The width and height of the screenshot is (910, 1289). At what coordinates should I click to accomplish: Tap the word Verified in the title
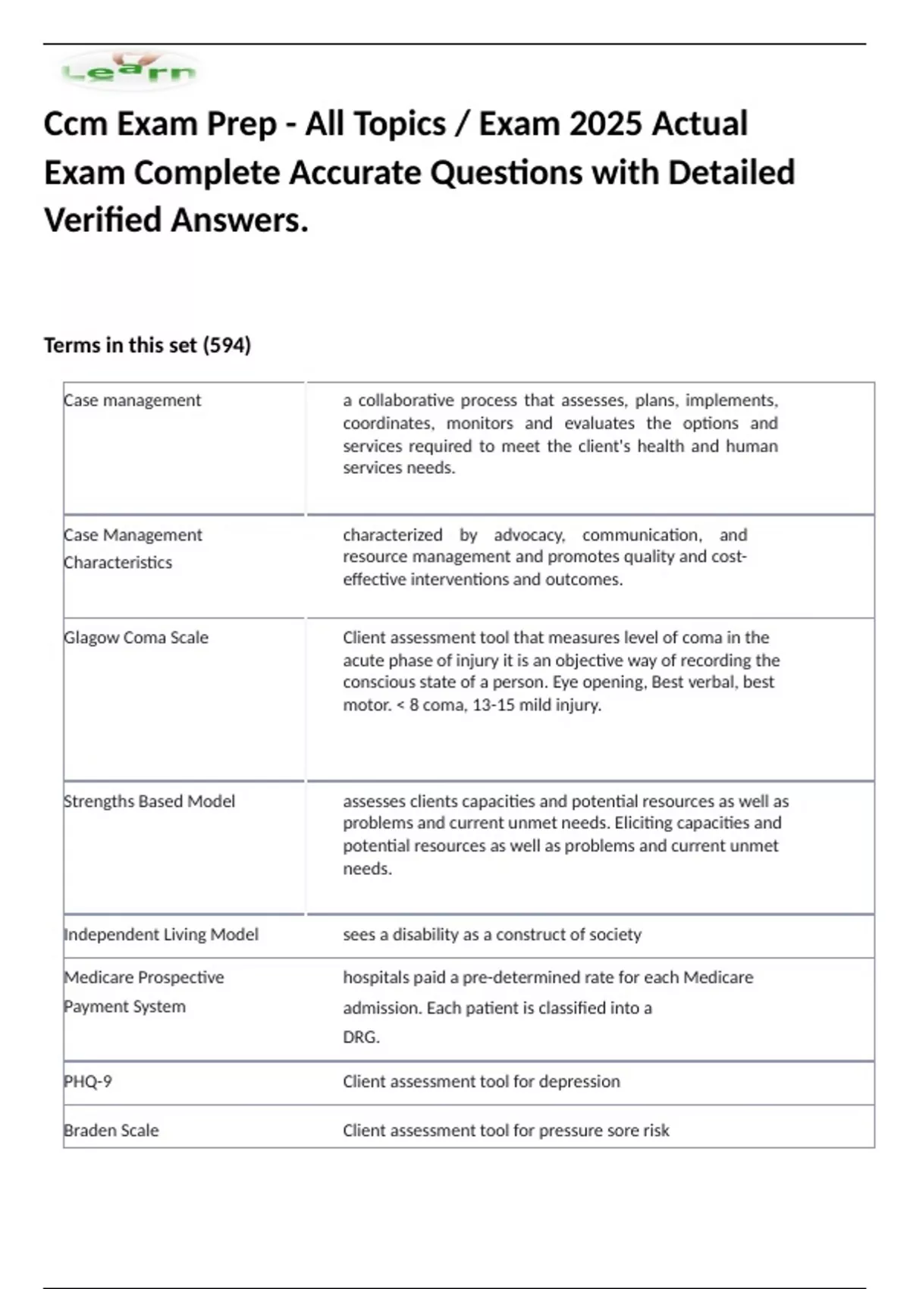(102, 221)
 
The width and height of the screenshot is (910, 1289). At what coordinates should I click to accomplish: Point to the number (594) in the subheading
(227, 346)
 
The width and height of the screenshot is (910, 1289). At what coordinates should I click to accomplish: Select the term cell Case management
(133, 400)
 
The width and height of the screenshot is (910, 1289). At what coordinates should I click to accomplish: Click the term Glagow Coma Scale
(136, 638)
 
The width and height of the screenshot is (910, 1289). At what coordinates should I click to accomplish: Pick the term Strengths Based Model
(149, 801)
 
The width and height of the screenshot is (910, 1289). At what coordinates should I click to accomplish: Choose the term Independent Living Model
(162, 935)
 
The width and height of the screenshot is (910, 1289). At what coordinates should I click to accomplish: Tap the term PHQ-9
(88, 1082)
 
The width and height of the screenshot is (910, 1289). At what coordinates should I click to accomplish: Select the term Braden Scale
(111, 1131)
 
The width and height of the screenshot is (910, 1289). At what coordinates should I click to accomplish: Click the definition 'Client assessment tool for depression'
(481, 1082)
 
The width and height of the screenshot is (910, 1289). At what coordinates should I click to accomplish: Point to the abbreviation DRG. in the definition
(361, 1037)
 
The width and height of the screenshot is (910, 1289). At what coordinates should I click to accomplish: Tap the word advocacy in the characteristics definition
(529, 535)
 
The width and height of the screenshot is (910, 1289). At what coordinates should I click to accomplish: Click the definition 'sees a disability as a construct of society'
(491, 935)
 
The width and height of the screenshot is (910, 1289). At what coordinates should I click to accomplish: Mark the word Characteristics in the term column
(118, 563)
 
